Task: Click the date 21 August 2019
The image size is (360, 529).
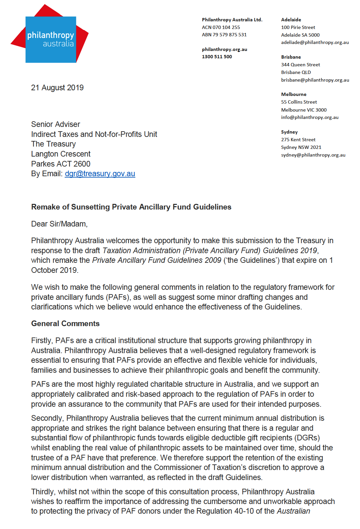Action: tap(57, 88)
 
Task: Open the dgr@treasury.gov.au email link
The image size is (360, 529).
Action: tap(100, 174)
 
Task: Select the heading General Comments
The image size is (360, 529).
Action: tap(65, 323)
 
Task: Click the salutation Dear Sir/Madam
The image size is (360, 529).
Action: tap(59, 224)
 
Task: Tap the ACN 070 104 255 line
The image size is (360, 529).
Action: tap(221, 27)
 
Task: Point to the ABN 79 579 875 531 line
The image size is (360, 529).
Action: tap(224, 35)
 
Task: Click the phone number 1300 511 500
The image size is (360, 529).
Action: tap(217, 57)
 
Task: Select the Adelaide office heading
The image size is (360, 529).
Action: tap(291, 20)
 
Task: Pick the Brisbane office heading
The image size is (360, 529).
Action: tap(291, 57)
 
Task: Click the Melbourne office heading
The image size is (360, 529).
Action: tap(294, 94)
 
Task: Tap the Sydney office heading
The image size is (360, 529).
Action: tap(289, 132)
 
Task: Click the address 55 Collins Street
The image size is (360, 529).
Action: tap(299, 102)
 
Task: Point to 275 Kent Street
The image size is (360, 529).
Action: tap(298, 140)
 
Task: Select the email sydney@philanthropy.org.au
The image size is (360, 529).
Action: tap(313, 155)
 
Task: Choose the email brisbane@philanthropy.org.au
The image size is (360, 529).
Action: tap(315, 80)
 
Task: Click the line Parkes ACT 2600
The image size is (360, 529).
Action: tap(61, 164)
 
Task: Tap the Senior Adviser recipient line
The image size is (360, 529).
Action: tap(56, 124)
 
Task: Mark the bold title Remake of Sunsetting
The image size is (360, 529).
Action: tap(131, 207)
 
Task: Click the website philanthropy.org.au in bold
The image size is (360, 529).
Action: tap(224, 49)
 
